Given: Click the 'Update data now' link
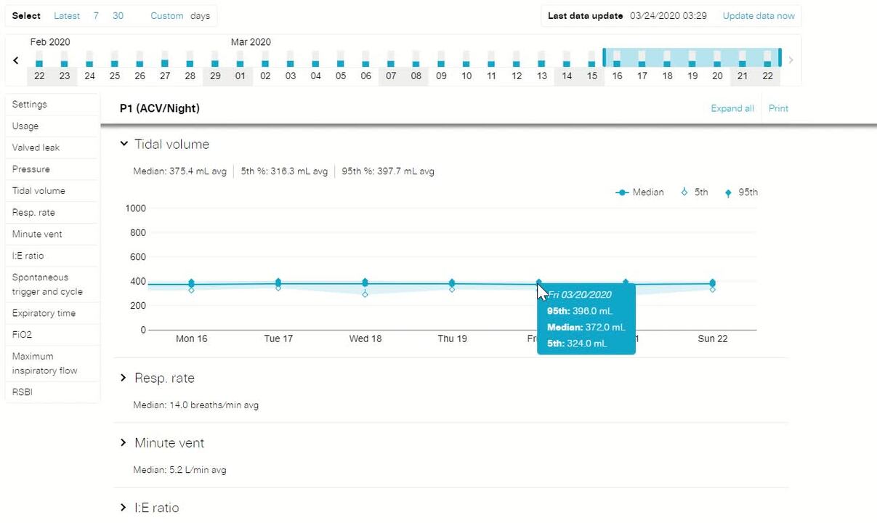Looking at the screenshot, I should click(x=758, y=16).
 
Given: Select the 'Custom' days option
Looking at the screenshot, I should click(x=166, y=16).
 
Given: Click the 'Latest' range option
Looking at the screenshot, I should click(x=67, y=16).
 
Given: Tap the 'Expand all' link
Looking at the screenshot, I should click(x=732, y=108).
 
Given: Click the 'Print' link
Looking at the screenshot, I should click(x=778, y=108).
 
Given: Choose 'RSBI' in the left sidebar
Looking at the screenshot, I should click(x=23, y=392).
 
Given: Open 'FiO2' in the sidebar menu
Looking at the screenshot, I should click(x=22, y=335).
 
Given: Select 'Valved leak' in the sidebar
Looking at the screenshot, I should click(x=36, y=147).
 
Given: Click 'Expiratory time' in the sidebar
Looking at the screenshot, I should click(x=44, y=313).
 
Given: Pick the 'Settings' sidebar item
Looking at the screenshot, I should click(x=29, y=105).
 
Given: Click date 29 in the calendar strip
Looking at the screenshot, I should click(x=215, y=76).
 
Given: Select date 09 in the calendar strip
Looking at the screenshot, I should click(x=441, y=76).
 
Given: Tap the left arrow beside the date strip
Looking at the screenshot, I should click(x=16, y=61).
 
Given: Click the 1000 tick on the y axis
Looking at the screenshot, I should click(x=136, y=208).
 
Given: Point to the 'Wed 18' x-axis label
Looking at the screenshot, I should click(x=365, y=338).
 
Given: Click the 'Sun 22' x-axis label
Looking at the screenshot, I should click(x=712, y=338).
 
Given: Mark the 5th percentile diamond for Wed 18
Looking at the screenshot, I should click(x=365, y=294).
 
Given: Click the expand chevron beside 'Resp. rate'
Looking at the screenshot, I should click(x=124, y=378).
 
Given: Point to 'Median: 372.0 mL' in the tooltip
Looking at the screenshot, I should click(x=586, y=327).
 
